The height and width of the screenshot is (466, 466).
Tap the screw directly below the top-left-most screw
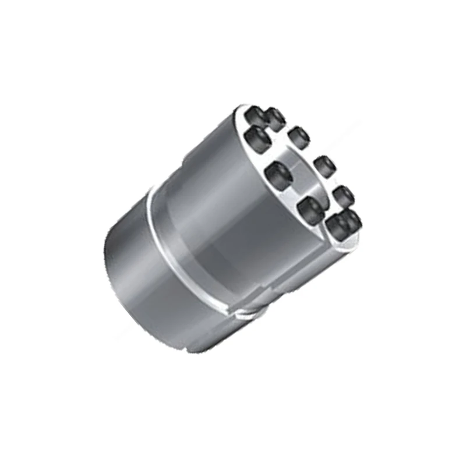256,137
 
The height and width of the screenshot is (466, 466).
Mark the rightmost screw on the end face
351,219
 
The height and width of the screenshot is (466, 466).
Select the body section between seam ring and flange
221,221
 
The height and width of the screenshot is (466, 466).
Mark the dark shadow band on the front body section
233,256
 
